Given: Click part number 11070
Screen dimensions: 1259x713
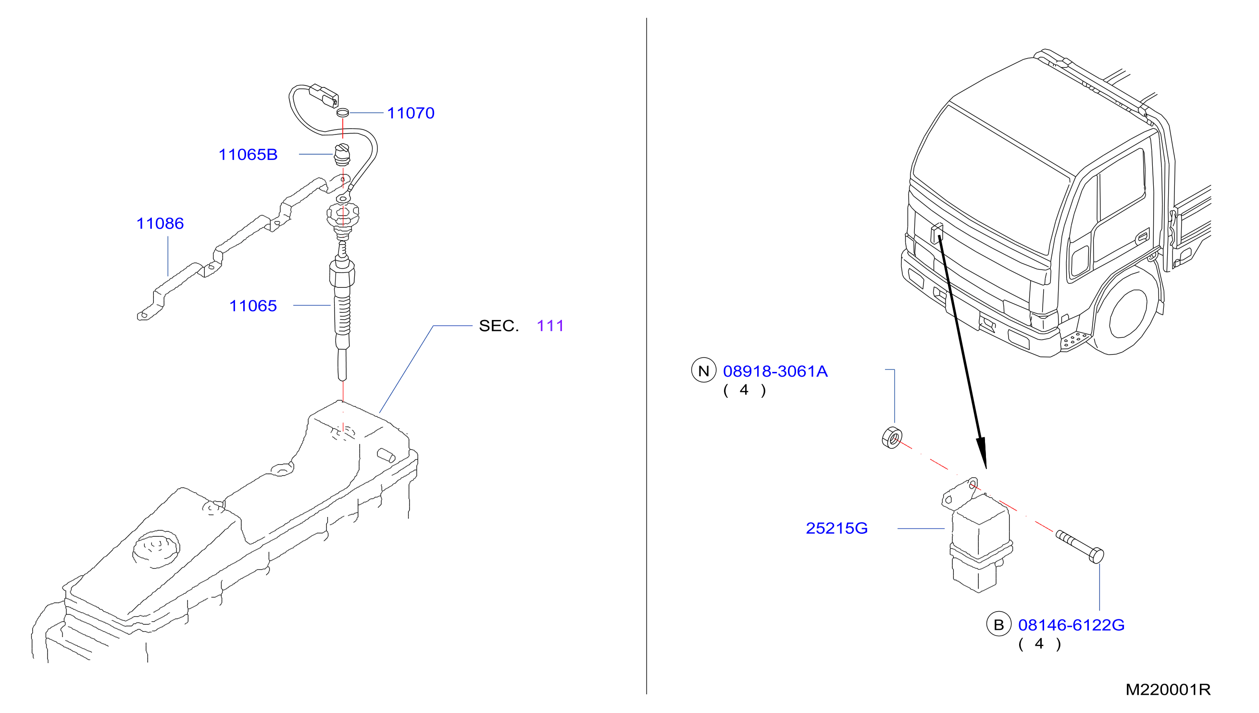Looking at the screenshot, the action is click(x=411, y=113).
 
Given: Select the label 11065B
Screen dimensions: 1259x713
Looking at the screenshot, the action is click(x=248, y=155).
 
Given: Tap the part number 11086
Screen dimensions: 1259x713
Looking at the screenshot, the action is click(x=160, y=223).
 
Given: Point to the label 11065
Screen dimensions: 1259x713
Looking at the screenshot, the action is click(x=253, y=306).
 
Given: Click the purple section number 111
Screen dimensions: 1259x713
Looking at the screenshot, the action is click(x=550, y=326).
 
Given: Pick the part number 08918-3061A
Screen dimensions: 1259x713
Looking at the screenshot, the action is click(x=775, y=371).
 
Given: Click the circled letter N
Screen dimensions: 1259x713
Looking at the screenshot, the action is click(x=703, y=371).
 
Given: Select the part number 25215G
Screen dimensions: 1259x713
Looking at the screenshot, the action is click(x=836, y=529).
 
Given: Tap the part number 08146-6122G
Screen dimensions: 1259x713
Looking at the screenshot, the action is click(x=1071, y=625).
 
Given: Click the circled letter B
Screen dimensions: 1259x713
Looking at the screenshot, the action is click(x=998, y=625).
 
